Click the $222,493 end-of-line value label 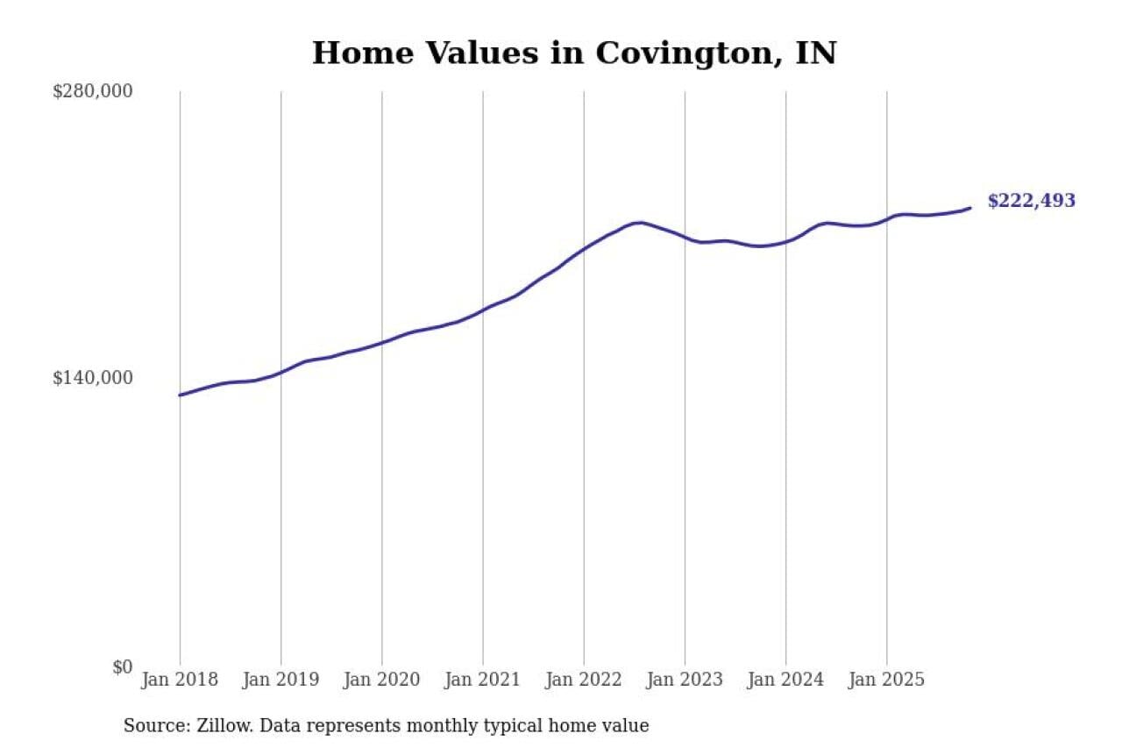[1031, 201]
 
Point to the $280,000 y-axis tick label [93, 91]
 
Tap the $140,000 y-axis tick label [93, 378]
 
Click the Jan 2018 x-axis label [180, 680]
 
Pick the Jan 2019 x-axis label [280, 680]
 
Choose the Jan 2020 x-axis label [381, 680]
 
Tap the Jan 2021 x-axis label [482, 680]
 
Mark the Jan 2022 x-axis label [583, 680]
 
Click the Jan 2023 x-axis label [685, 680]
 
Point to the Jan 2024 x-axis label [785, 680]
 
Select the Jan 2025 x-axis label [886, 680]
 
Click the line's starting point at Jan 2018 [180, 395]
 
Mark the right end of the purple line [970, 208]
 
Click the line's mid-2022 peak [640, 223]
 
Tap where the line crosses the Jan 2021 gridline [483, 310]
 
